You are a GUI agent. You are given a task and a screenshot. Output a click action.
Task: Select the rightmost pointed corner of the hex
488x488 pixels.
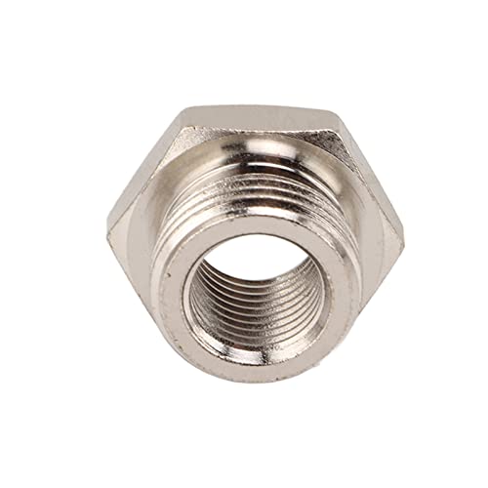pyautogui.click(x=403, y=234)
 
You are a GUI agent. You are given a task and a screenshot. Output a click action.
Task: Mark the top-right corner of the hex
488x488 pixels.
pyautogui.click(x=337, y=115)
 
